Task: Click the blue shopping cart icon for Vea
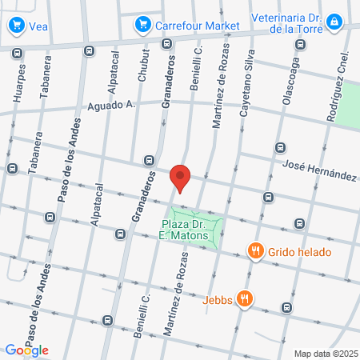(x=16, y=26)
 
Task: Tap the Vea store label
(x=38, y=26)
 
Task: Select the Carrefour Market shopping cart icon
(x=143, y=25)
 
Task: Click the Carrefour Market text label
(x=197, y=26)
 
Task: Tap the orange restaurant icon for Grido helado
(x=256, y=251)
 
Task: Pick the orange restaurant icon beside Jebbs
(x=246, y=299)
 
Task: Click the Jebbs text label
(x=218, y=299)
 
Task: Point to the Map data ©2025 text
(x=325, y=353)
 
